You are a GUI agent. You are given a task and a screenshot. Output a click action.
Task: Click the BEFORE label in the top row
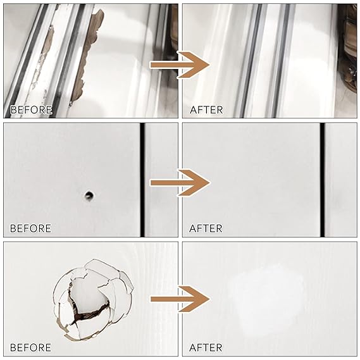[x=31, y=110]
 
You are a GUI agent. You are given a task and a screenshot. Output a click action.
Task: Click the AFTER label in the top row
[x=206, y=110]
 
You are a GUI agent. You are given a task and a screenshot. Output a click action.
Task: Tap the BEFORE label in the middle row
[x=31, y=228]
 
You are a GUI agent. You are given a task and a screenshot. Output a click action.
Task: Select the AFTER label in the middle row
[x=206, y=228]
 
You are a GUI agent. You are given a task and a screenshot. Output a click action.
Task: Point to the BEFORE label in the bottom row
[x=31, y=347]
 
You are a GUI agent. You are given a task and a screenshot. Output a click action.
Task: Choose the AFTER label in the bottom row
[x=206, y=347]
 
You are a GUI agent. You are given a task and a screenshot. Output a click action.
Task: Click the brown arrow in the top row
[x=180, y=65]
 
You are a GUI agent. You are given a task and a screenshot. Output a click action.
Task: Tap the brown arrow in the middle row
[x=180, y=183]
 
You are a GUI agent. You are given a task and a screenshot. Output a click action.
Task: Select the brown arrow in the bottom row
[x=180, y=299]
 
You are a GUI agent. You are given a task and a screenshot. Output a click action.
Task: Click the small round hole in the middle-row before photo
[x=89, y=196]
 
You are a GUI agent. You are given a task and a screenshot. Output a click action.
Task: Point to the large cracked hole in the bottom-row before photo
[x=93, y=300]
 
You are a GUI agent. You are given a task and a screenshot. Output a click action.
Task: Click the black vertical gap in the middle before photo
[x=142, y=180]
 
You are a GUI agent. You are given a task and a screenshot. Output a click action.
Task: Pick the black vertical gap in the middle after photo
[x=322, y=180]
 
